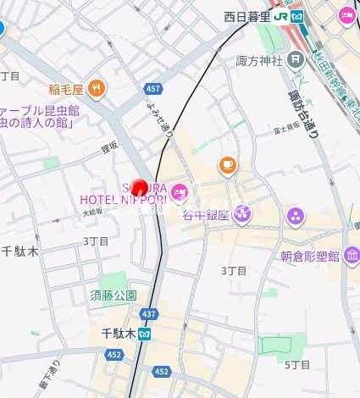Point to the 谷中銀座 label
(207, 215)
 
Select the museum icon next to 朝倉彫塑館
(350, 256)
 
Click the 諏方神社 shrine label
(258, 60)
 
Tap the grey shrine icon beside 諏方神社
(295, 59)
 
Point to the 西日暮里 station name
(254, 16)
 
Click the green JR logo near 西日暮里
(297, 16)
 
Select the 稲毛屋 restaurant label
(65, 88)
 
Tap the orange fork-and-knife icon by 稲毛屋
(98, 87)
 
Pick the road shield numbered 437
(149, 314)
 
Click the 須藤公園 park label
(114, 296)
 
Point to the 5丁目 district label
(298, 365)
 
